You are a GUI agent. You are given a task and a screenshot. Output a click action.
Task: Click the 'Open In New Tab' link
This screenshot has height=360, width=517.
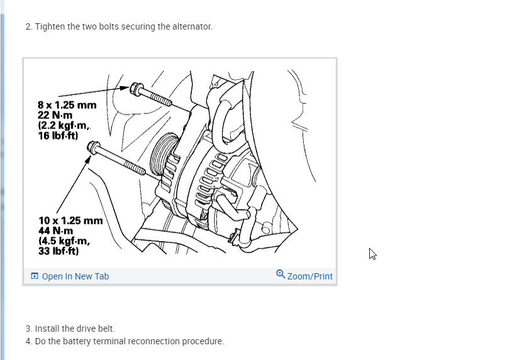click(75, 276)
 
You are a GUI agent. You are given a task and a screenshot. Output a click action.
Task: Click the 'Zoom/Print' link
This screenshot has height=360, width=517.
click(309, 276)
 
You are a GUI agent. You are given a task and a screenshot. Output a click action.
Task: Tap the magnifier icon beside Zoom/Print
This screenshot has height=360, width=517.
click(281, 274)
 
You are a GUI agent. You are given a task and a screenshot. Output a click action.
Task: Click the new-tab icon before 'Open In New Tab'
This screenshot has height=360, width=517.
click(35, 276)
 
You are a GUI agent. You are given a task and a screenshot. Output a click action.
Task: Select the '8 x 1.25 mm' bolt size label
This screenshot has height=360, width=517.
click(67, 105)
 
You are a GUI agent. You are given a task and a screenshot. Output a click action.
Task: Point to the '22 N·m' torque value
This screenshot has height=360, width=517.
click(55, 115)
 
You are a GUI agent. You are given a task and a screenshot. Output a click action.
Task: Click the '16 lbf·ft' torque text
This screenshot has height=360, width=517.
click(58, 135)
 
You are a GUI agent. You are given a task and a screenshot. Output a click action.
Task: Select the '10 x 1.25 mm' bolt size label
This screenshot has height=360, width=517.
click(70, 221)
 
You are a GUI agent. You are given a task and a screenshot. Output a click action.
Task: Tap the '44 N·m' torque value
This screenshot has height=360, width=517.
click(56, 231)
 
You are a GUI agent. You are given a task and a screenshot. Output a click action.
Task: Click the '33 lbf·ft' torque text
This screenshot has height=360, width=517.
click(58, 251)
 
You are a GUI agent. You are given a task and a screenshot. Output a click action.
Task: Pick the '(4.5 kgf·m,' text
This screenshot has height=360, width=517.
click(64, 241)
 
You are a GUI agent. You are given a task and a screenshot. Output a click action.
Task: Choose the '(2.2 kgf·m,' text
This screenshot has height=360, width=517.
click(65, 125)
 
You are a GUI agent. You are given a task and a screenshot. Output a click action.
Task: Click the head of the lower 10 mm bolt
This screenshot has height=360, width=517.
click(93, 148)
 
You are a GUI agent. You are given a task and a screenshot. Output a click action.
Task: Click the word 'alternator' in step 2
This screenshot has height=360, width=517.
click(191, 27)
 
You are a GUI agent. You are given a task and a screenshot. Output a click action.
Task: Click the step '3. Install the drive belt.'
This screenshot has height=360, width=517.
click(70, 329)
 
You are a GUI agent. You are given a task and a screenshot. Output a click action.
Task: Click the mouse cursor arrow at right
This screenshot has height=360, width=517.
click(372, 254)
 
